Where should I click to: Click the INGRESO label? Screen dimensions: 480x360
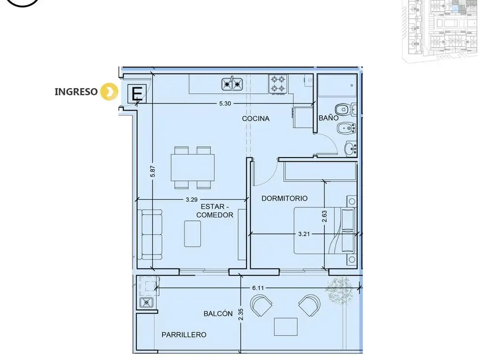(x=76, y=91)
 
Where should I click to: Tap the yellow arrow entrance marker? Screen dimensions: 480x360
(x=109, y=91)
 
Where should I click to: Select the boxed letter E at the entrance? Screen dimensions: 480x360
(x=137, y=94)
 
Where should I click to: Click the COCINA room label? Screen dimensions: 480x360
(x=255, y=119)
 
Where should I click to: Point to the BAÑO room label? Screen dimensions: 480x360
(x=329, y=118)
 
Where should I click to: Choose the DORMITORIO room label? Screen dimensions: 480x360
(x=285, y=198)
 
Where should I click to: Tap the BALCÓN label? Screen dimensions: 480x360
(x=218, y=314)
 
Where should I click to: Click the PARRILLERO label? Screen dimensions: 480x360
(x=184, y=335)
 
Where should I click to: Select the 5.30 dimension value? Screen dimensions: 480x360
(x=225, y=104)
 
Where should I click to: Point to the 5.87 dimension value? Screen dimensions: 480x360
(x=153, y=172)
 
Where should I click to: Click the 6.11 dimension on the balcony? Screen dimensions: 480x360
(x=258, y=288)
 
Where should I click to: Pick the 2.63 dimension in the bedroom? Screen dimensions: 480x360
(x=324, y=217)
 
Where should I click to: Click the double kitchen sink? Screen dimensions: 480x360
(x=232, y=84)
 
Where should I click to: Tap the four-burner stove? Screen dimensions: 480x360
(x=278, y=84)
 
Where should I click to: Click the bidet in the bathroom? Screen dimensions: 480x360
(x=346, y=128)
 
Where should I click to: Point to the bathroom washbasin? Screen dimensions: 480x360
(x=351, y=149)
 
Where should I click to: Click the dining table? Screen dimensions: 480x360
(x=193, y=167)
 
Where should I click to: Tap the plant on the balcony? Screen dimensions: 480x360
(x=339, y=290)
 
